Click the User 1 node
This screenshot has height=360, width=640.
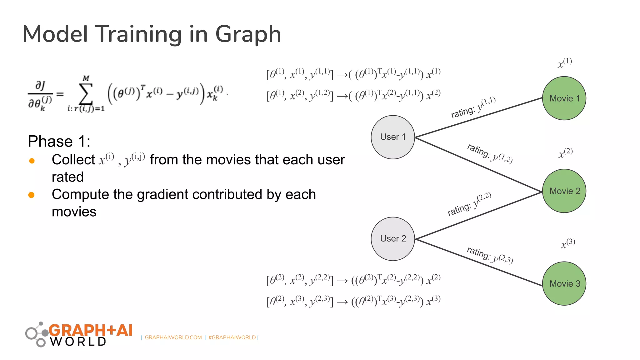393,137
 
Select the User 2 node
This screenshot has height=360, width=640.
393,239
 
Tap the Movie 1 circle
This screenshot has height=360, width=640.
564,98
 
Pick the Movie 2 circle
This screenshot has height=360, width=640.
564,191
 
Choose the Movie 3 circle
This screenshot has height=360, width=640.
564,283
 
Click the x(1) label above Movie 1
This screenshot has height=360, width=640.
565,62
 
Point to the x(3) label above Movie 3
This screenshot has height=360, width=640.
567,243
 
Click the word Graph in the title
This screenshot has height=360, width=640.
248,34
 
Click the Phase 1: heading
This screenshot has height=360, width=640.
59,141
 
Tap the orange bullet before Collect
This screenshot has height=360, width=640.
32,161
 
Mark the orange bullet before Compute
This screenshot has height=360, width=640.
31,195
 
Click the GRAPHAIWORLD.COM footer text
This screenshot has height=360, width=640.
173,337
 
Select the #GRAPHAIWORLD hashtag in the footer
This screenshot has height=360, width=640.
232,337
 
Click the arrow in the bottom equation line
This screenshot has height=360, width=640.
342,302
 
